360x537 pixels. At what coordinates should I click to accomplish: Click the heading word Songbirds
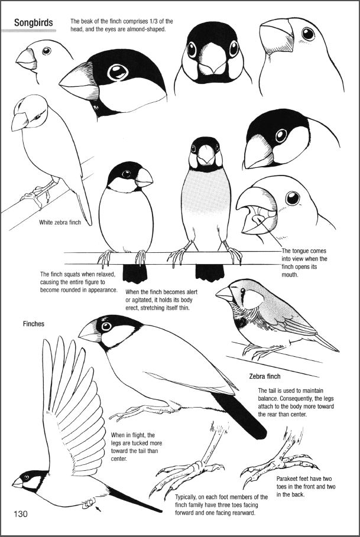click(x=34, y=23)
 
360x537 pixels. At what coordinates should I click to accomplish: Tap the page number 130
click(x=21, y=513)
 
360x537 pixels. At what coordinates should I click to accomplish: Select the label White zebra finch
click(x=60, y=222)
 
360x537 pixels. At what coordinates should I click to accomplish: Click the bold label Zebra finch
click(x=264, y=376)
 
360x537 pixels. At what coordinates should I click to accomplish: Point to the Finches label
click(x=34, y=324)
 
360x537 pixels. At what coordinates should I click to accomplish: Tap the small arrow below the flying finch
click(x=98, y=509)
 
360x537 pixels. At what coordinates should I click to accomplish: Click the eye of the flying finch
click(x=26, y=477)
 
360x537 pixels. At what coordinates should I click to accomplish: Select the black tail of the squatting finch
click(x=135, y=273)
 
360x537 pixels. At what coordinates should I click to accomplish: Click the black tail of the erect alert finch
click(x=210, y=272)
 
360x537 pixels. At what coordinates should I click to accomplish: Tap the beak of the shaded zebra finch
click(x=225, y=294)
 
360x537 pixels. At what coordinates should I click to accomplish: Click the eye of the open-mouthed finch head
click(x=293, y=198)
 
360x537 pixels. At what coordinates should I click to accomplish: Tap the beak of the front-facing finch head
click(x=212, y=59)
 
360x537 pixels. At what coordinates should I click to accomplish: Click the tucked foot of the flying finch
click(x=88, y=503)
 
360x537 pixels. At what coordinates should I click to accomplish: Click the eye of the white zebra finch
click(x=37, y=117)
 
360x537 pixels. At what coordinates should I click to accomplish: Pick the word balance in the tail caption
click(x=267, y=399)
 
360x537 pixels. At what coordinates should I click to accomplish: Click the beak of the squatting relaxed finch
click(x=144, y=178)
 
